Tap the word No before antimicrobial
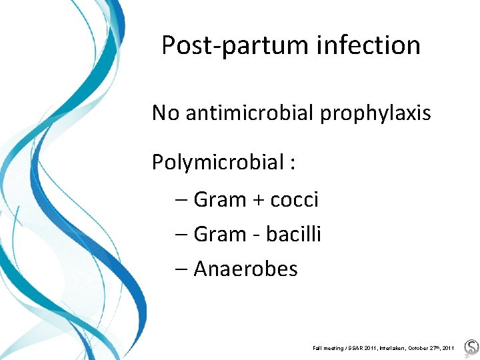(x=166, y=113)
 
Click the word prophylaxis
(x=376, y=113)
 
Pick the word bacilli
(x=293, y=234)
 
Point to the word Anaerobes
(x=245, y=269)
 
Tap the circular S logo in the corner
(x=471, y=347)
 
